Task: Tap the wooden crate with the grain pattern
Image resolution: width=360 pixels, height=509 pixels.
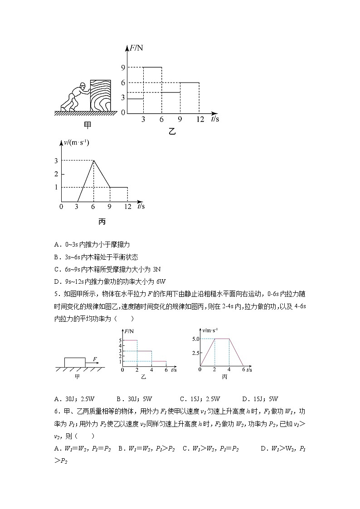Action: click(x=100, y=96)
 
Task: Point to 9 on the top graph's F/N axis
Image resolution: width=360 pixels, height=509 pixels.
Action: click(x=122, y=68)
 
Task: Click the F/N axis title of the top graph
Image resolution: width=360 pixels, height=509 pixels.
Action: click(x=136, y=47)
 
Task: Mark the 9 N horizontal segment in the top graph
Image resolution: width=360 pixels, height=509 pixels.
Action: click(x=152, y=67)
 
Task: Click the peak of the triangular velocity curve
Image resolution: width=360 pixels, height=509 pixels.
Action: click(x=93, y=160)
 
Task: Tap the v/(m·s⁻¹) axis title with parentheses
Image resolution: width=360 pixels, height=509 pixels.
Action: click(x=78, y=143)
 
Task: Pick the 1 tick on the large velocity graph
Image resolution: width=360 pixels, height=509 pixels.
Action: click(x=56, y=187)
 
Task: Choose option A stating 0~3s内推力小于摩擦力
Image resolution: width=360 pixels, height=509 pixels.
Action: click(x=92, y=244)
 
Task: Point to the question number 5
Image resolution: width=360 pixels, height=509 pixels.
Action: click(x=56, y=293)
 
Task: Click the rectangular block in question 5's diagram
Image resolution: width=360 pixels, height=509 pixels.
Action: click(x=74, y=362)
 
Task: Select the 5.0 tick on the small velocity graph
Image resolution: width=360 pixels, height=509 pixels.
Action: click(x=195, y=339)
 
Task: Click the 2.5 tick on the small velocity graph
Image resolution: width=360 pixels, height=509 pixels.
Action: click(x=195, y=352)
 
